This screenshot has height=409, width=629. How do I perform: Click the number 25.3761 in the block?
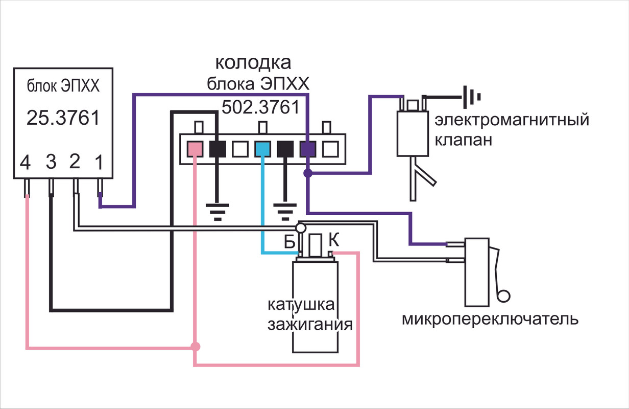(x=62, y=118)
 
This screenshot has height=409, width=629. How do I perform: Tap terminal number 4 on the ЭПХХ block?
(x=27, y=164)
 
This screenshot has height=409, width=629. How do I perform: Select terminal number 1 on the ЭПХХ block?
(x=100, y=164)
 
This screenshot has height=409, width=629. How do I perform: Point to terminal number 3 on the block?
(x=51, y=164)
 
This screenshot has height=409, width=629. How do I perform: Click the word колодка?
(x=253, y=63)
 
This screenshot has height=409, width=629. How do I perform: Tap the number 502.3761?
(x=260, y=107)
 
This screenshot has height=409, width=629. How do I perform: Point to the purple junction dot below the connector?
(x=307, y=174)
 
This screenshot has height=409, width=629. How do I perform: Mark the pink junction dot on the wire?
(x=195, y=347)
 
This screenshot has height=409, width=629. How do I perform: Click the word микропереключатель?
(x=490, y=320)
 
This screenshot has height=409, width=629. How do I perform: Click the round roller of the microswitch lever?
(x=504, y=296)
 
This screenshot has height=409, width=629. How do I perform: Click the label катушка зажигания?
(x=310, y=315)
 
